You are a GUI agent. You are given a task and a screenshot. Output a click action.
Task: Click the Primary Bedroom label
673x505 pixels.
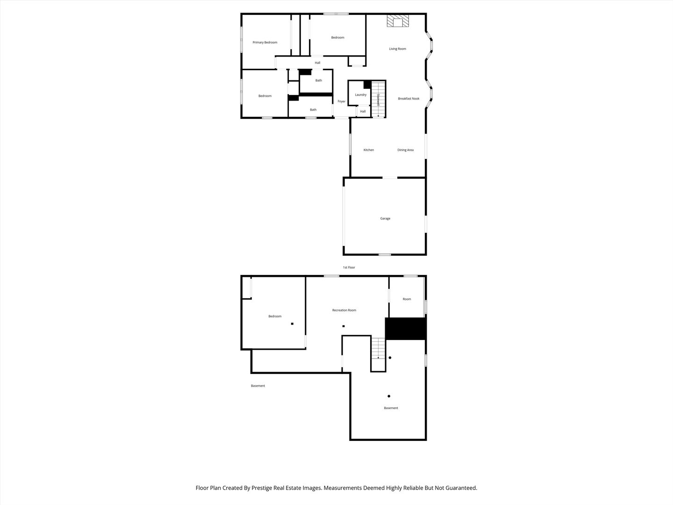tap(265, 42)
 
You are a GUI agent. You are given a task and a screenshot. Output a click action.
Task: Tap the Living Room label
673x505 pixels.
tap(397, 49)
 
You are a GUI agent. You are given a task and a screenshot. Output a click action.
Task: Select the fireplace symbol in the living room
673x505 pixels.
tap(398, 21)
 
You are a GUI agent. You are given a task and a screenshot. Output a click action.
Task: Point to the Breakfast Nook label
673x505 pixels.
tap(408, 98)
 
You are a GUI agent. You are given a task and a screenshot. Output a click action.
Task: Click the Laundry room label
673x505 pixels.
tap(360, 95)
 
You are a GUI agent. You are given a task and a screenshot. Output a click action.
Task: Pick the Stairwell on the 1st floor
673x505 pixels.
tap(379, 99)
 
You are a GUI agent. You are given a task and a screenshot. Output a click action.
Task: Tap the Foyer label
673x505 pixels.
tap(342, 101)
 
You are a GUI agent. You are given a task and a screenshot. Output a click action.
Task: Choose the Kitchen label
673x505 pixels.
tap(369, 150)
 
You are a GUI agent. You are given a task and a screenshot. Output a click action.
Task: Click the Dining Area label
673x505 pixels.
tap(405, 150)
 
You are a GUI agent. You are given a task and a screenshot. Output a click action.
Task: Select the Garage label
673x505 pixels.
tap(385, 219)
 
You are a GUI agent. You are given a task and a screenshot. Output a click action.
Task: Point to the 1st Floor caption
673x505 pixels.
tap(349, 267)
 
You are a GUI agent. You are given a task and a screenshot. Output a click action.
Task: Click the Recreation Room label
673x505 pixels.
tap(344, 310)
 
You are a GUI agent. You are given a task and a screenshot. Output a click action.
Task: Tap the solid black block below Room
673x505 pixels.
tap(405, 329)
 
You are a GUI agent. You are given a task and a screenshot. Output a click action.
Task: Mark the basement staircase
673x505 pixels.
tap(379, 348)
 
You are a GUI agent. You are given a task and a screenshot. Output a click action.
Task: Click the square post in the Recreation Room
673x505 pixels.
tap(344, 326)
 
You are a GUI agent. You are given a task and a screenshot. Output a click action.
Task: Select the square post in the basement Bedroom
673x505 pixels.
tap(292, 324)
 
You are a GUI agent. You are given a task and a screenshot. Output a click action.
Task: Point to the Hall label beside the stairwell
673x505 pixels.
tap(363, 112)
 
